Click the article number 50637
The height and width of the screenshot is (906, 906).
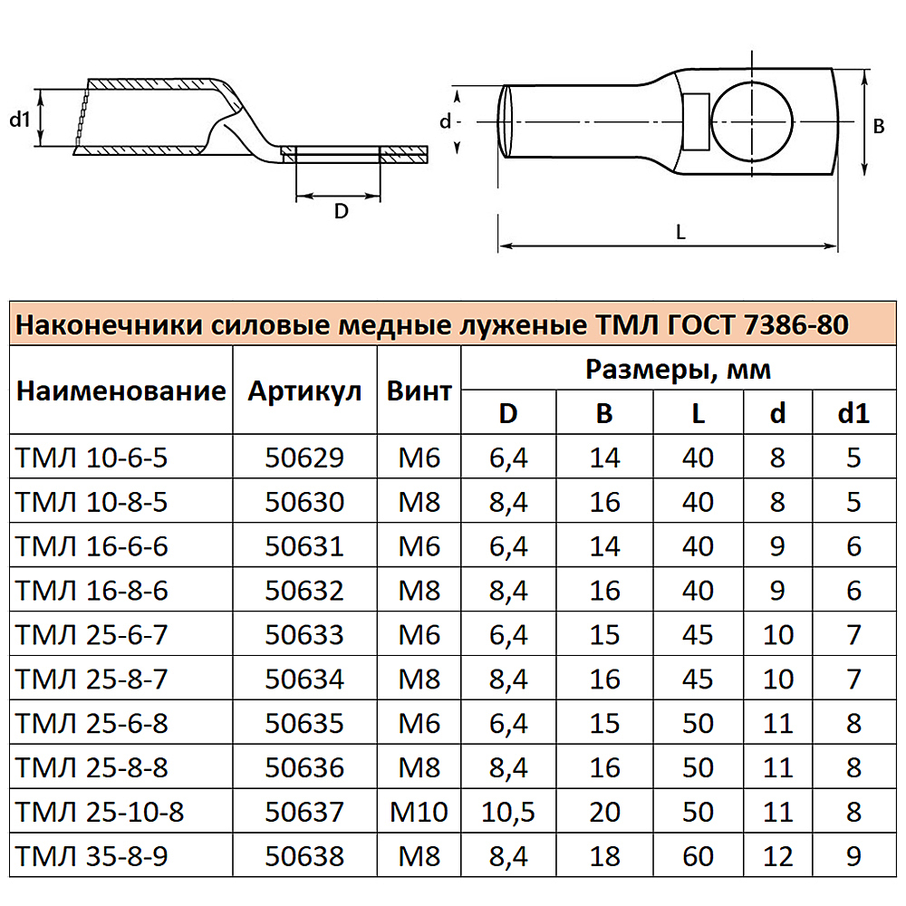304,811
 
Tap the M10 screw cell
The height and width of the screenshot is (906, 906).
419,811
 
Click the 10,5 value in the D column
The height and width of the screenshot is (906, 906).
508,811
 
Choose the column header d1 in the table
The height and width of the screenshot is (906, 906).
853,413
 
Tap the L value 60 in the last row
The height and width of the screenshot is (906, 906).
697,855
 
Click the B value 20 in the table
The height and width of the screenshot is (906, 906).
604,811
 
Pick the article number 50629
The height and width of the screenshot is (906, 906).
304,458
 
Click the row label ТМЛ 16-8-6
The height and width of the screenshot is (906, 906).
92,591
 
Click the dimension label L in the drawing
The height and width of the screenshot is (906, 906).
680,232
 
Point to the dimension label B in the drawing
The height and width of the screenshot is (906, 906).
878,127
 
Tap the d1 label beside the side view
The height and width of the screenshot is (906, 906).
20,118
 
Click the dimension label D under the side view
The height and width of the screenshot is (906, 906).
341,211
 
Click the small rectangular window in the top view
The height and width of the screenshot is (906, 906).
697,121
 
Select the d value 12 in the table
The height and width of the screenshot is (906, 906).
778,855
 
